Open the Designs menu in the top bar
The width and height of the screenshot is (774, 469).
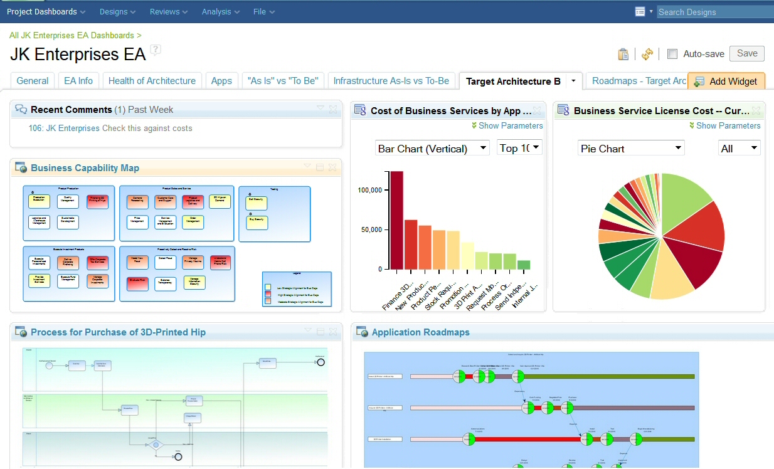point(117,11)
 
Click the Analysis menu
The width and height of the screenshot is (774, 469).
point(221,11)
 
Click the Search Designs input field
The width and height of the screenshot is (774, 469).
point(714,12)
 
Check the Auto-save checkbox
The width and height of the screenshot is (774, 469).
point(672,54)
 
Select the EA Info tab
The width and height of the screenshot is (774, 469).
point(78,81)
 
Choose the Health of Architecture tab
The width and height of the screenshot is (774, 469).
point(152,81)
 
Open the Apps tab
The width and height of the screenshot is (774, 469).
point(221,81)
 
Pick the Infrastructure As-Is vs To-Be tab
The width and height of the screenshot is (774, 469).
point(391,81)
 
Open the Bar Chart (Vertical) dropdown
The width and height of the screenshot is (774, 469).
point(432,149)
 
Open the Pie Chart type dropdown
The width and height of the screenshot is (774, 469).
point(631,149)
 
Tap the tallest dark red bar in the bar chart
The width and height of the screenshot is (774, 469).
point(396,219)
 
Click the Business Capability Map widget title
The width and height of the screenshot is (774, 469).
point(85,168)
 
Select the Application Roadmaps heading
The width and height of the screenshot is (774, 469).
point(420,332)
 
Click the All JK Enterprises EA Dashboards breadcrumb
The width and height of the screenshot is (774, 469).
point(72,36)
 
